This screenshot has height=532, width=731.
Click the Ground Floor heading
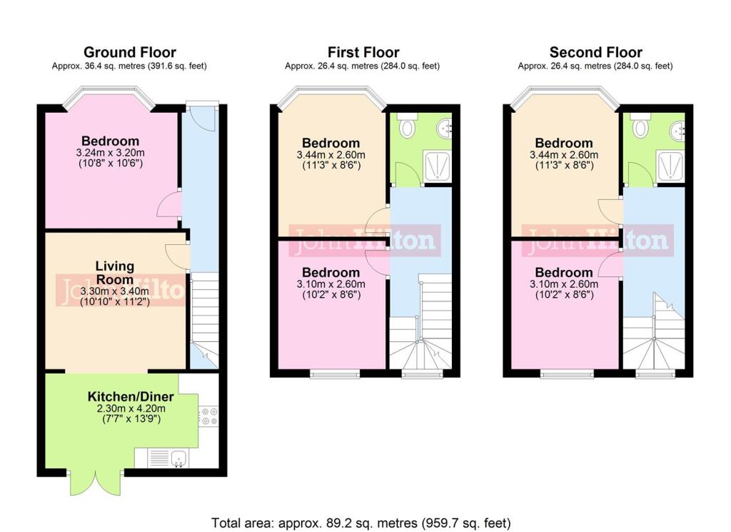[130, 51]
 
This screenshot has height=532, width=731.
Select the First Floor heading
[363, 51]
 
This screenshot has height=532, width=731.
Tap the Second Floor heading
[596, 51]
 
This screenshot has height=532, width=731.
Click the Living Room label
[115, 273]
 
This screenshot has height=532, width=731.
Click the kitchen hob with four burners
[208, 416]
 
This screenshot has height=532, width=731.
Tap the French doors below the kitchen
[96, 483]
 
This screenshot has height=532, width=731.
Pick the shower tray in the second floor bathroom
[670, 166]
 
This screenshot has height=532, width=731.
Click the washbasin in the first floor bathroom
[445, 128]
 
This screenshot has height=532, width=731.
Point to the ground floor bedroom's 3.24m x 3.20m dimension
[110, 153]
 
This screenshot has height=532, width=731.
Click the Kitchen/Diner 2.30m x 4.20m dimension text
[131, 408]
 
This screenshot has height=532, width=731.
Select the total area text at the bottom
[361, 523]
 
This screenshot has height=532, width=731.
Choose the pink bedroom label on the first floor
[331, 272]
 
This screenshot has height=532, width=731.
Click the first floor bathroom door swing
[406, 174]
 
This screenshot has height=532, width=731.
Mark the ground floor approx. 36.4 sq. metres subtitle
[129, 66]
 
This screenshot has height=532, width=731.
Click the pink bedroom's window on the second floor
[568, 373]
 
